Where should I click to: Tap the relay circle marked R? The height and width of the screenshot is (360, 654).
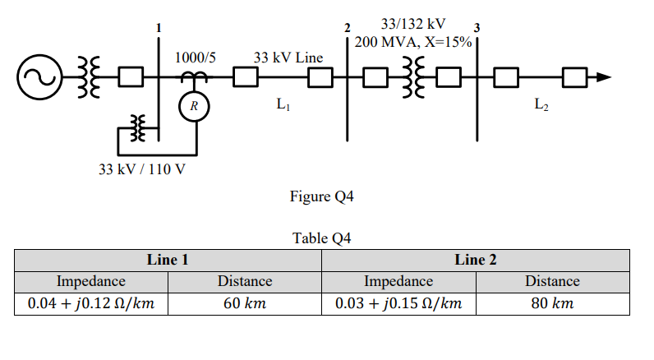[x=194, y=106]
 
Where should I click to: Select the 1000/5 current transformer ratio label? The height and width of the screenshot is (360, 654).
[x=196, y=58]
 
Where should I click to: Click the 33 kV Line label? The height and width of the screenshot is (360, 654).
[x=288, y=58]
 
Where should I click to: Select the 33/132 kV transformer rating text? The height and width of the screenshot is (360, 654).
[x=413, y=24]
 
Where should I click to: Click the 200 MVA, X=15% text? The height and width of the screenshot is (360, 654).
[x=413, y=41]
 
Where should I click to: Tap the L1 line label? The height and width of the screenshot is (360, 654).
[x=284, y=104]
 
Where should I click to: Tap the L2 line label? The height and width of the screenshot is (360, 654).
[x=541, y=104]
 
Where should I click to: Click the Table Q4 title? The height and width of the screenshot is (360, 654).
[x=321, y=238]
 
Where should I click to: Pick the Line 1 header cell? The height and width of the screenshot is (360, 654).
[x=168, y=260]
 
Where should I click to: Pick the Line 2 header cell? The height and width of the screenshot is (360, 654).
[x=475, y=260]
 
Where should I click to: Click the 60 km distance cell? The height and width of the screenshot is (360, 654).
[x=244, y=303]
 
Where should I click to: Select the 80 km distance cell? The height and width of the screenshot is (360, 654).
[x=552, y=303]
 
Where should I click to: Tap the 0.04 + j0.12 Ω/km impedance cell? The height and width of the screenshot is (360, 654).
[x=90, y=303]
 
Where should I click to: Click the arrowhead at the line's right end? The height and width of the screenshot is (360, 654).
[x=604, y=77]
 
